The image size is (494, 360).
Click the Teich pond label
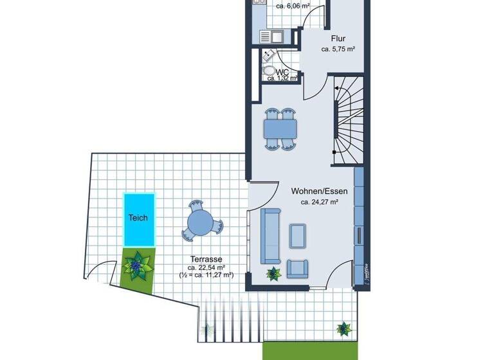click(138, 218)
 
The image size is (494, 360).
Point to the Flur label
click(338, 39)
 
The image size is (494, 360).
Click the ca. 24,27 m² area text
click(320, 202)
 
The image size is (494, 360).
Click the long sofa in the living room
click(270, 236)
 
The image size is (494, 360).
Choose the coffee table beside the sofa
click(298, 235)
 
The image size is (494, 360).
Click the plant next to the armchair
click(274, 273)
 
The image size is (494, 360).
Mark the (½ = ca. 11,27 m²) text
click(206, 275)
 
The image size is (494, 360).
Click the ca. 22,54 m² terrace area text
click(206, 266)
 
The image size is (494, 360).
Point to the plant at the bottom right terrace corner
click(345, 329)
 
